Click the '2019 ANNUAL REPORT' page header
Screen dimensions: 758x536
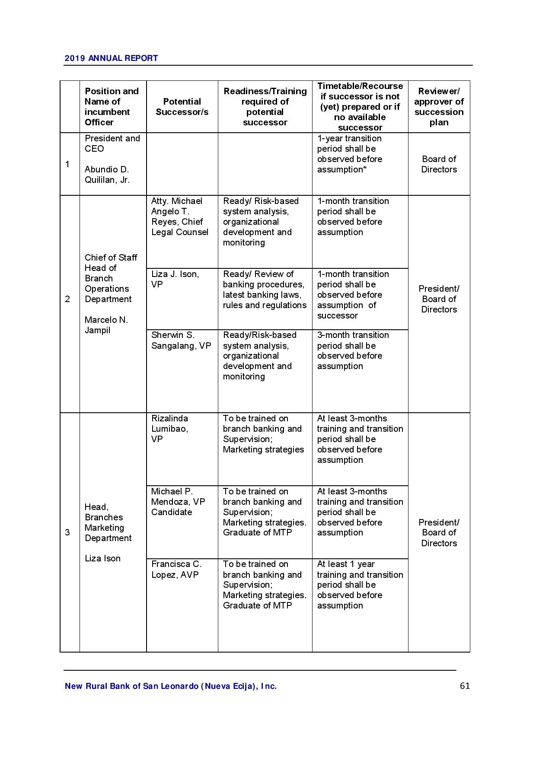(111, 58)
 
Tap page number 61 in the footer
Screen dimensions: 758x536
(465, 686)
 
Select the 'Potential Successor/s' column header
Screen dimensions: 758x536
(182, 107)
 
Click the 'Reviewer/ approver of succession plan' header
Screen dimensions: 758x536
(439, 107)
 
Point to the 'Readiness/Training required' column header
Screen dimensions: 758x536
(265, 107)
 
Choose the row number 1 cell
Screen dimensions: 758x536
(67, 164)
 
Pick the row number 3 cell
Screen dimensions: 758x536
(67, 532)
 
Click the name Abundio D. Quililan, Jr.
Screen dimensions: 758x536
(107, 175)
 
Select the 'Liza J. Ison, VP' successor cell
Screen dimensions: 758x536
(175, 279)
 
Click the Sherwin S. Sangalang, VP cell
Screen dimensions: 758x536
(181, 341)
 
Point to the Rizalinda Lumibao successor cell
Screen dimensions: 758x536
(170, 429)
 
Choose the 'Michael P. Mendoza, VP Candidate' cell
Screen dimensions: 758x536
(178, 502)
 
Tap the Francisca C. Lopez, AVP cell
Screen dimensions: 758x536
(176, 570)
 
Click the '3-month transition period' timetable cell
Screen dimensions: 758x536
(353, 350)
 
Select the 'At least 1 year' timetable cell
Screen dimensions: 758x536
(360, 585)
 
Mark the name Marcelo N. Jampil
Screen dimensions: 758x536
(106, 325)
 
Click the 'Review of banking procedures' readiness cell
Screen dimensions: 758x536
(265, 290)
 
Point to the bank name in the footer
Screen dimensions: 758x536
(171, 686)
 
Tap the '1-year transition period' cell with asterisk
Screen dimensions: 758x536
(350, 154)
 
